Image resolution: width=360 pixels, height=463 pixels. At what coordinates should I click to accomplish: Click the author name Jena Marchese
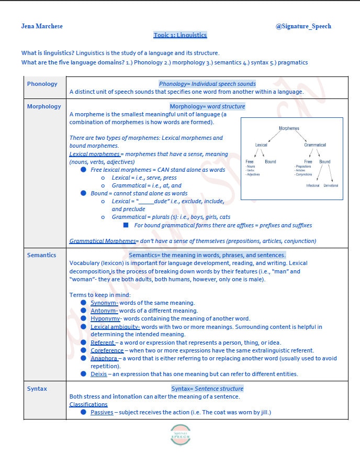pyautogui.click(x=42, y=26)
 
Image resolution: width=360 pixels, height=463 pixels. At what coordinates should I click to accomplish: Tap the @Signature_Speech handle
pyautogui.click(x=303, y=26)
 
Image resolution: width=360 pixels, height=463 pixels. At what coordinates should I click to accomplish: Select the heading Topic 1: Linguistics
pyautogui.click(x=180, y=35)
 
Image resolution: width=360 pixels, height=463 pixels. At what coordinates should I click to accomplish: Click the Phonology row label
pyautogui.click(x=42, y=84)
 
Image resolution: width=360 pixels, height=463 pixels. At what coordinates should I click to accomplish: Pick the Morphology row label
pyautogui.click(x=44, y=106)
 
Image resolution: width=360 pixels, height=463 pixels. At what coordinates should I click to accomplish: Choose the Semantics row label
pyautogui.click(x=42, y=255)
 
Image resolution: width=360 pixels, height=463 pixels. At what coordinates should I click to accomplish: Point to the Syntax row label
pyautogui.click(x=37, y=389)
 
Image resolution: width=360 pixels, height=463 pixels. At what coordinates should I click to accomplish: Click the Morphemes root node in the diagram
pyautogui.click(x=289, y=128)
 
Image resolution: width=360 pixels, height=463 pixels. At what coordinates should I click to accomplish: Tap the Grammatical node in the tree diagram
pyautogui.click(x=315, y=145)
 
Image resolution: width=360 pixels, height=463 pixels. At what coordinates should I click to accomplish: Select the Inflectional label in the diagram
pyautogui.click(x=312, y=185)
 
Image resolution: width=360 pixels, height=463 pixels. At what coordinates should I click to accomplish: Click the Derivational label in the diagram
pyautogui.click(x=331, y=185)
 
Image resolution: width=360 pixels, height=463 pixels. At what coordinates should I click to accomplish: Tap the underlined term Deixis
pyautogui.click(x=99, y=374)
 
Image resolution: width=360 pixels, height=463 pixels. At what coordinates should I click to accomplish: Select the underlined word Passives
pyautogui.click(x=102, y=412)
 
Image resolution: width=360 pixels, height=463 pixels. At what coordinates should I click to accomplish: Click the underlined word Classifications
pyautogui.click(x=88, y=404)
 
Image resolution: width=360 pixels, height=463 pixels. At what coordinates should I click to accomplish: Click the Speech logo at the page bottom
pyautogui.click(x=180, y=435)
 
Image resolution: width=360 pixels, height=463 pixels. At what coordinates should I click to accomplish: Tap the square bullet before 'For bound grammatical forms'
pyautogui.click(x=126, y=225)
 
